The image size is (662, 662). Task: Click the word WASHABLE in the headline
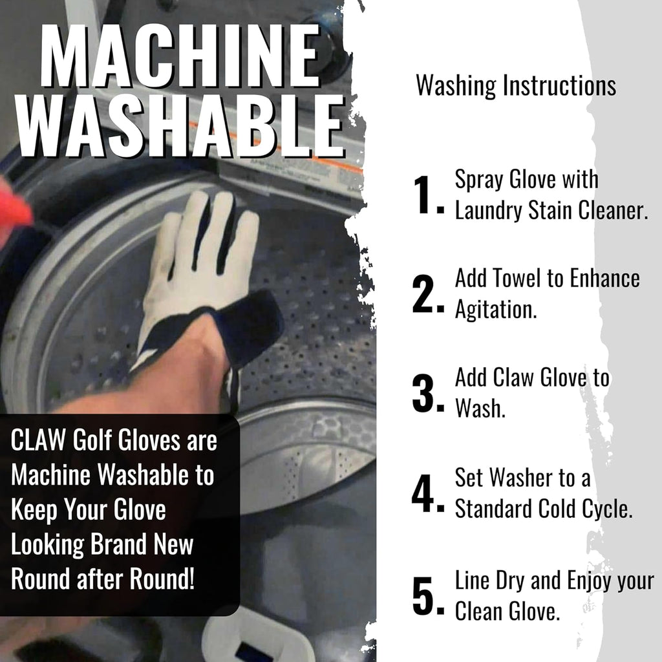tap(180, 127)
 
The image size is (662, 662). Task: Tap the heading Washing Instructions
tap(515, 85)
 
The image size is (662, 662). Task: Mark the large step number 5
tap(426, 596)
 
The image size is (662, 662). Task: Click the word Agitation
tap(495, 310)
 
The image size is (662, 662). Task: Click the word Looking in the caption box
tap(46, 544)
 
